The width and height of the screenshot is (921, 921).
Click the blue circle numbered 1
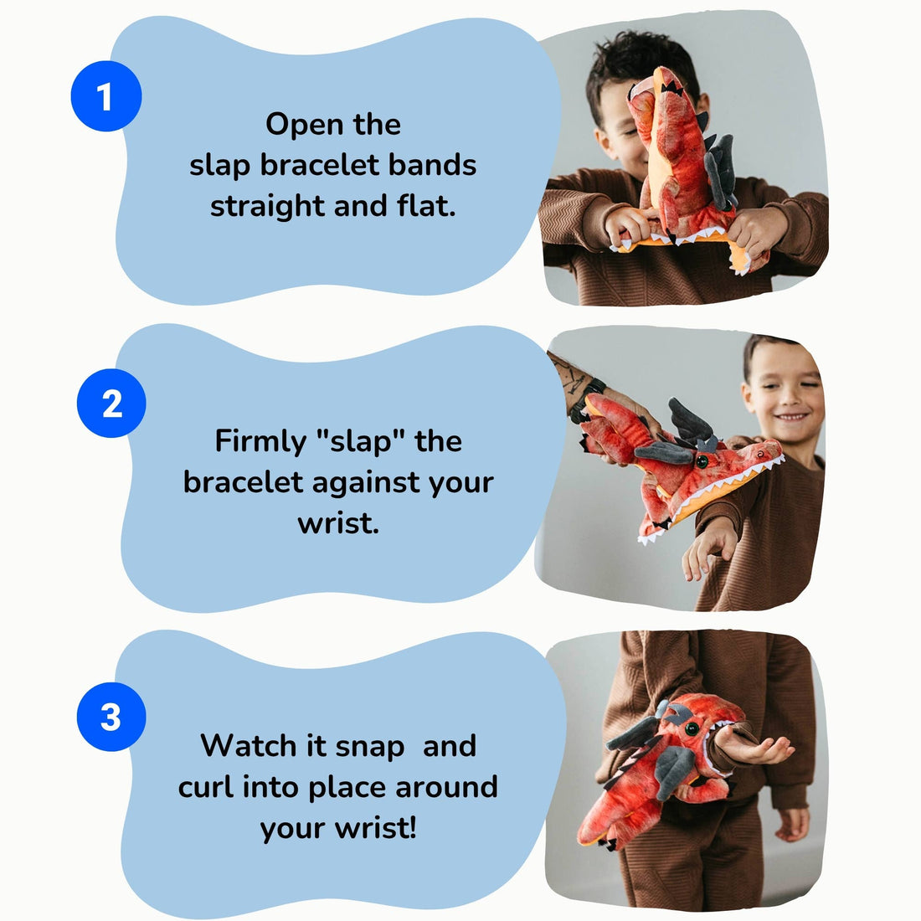(105, 96)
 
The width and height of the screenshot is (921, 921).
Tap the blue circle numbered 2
(111, 404)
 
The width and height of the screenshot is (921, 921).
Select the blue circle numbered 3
(111, 717)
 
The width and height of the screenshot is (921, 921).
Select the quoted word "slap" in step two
(363, 440)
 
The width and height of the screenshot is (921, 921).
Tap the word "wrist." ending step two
(337, 523)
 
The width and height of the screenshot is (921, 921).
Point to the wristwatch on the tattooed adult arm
(586, 399)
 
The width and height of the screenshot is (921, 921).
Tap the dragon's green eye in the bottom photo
(692, 728)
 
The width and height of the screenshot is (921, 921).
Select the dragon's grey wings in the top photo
(720, 167)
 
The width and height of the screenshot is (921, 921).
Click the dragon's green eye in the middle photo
(702, 460)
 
